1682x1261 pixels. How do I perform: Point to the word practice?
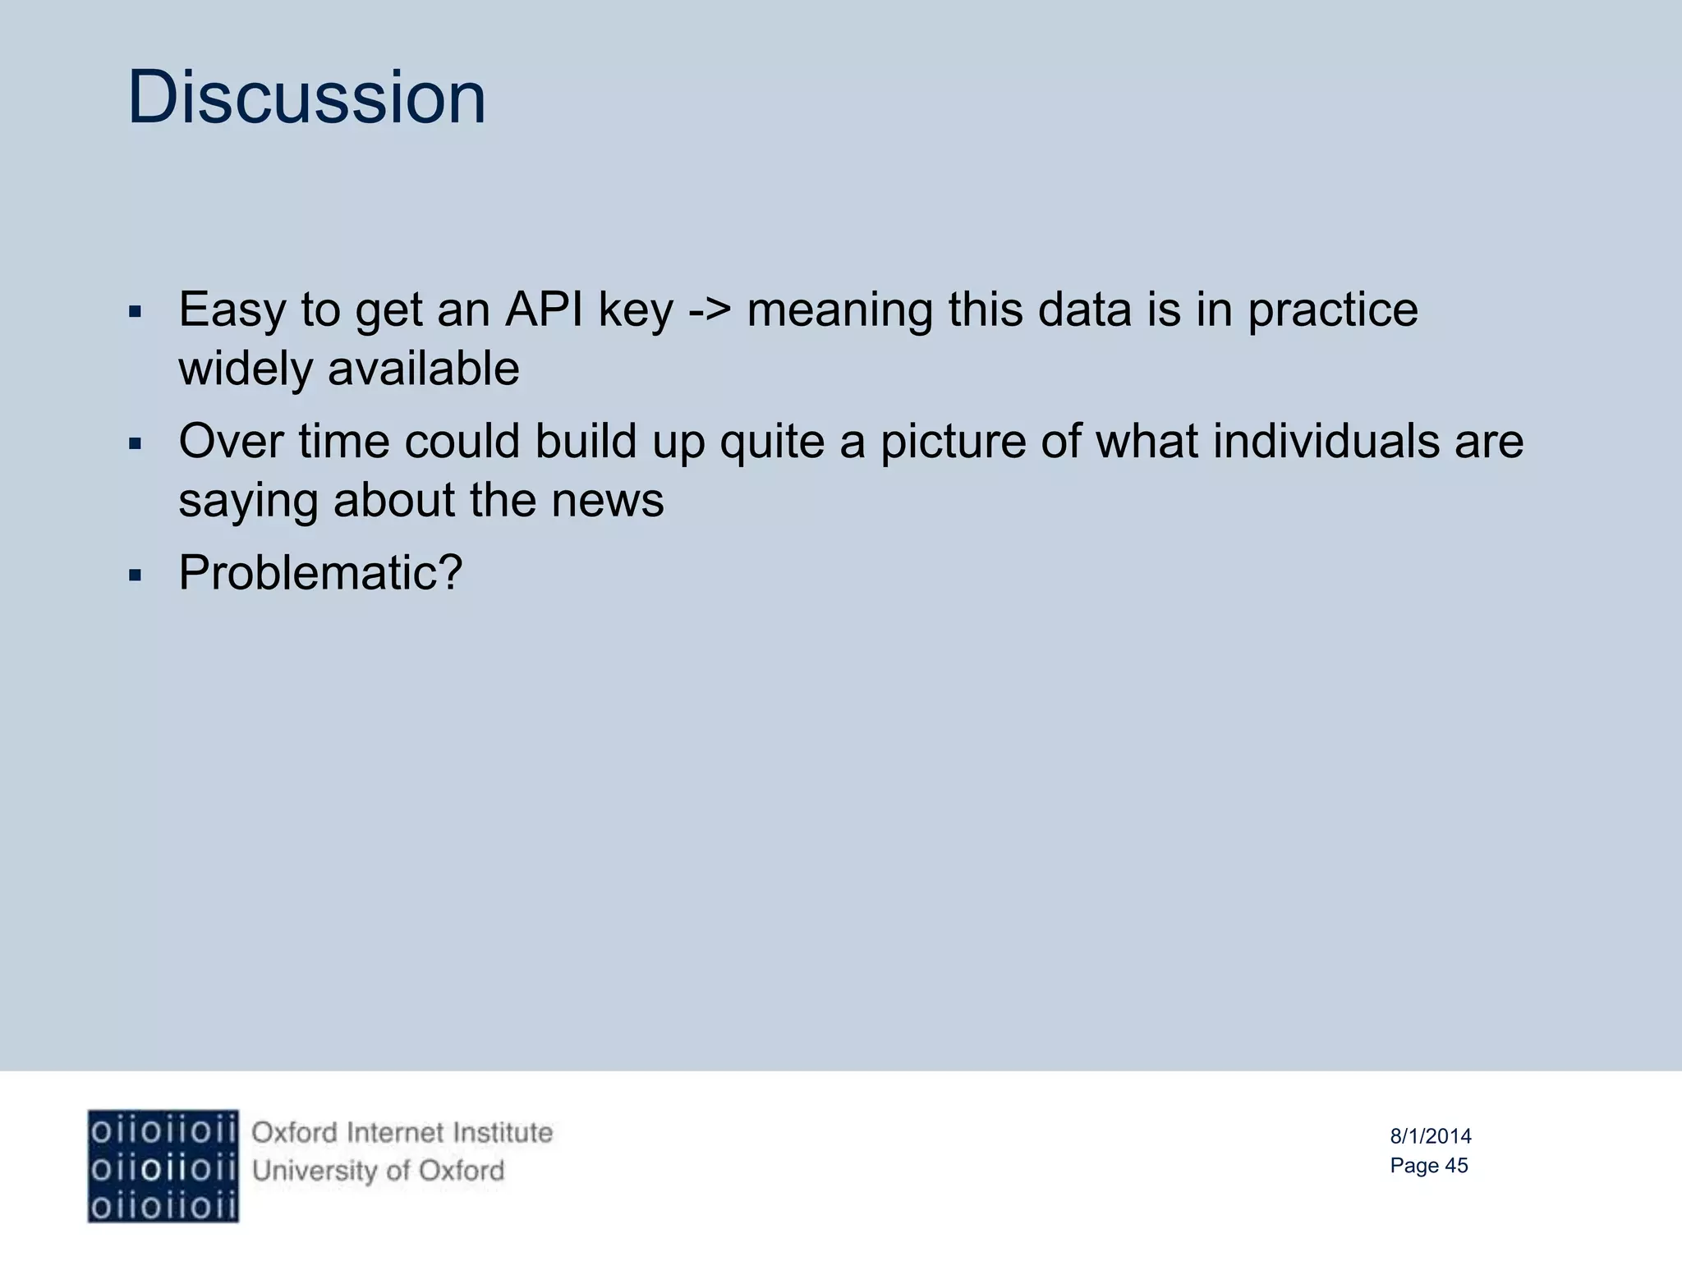(x=1332, y=311)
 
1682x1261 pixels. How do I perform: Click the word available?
(x=423, y=369)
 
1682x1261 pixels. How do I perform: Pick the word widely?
(x=246, y=370)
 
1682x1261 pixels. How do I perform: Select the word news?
(x=607, y=500)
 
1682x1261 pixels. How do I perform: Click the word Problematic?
(x=320, y=572)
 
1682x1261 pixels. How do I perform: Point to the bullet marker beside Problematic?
(x=136, y=575)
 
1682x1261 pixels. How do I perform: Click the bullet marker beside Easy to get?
(x=136, y=313)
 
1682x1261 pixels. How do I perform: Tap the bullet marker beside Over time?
(x=136, y=444)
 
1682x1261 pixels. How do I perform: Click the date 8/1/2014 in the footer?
(x=1430, y=1136)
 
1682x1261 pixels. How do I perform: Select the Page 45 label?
(x=1428, y=1166)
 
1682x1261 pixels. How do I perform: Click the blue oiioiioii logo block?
(x=163, y=1166)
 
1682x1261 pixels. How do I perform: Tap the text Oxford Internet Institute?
(x=402, y=1133)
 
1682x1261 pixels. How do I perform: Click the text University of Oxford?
(x=378, y=1171)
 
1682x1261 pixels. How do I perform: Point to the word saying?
(x=247, y=502)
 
